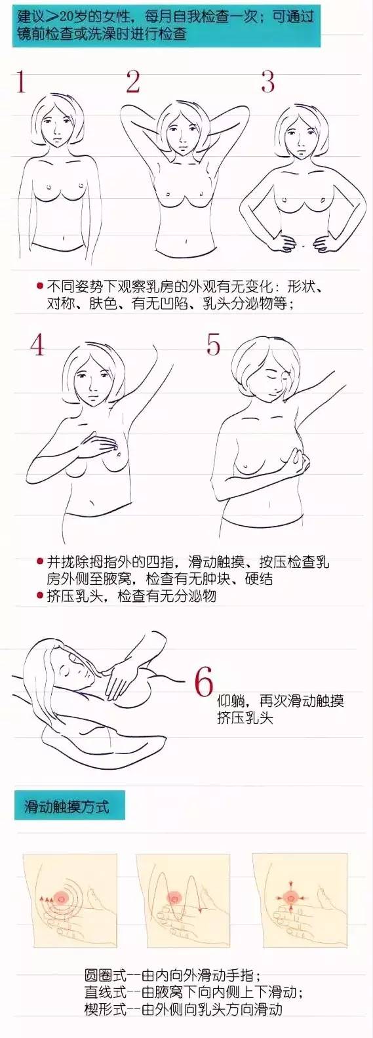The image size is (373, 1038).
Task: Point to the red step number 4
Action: (x=37, y=345)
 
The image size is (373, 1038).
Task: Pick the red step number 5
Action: (x=213, y=345)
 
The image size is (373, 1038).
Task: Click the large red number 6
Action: (x=204, y=682)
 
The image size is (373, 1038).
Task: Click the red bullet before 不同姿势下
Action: (x=40, y=286)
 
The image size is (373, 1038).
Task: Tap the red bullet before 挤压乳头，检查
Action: (x=40, y=595)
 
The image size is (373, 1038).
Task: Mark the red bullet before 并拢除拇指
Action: (x=40, y=562)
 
